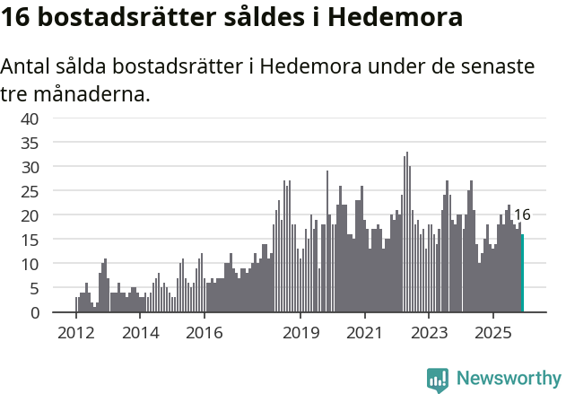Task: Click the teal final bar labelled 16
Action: point(522,274)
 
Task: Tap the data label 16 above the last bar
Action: point(522,215)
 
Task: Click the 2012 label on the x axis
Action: point(75,333)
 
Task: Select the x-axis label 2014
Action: point(140,333)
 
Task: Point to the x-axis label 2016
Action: point(204,333)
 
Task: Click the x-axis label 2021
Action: point(364,333)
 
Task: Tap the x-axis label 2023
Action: point(428,333)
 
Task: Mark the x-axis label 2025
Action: point(492,333)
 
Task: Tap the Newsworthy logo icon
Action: point(438,380)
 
